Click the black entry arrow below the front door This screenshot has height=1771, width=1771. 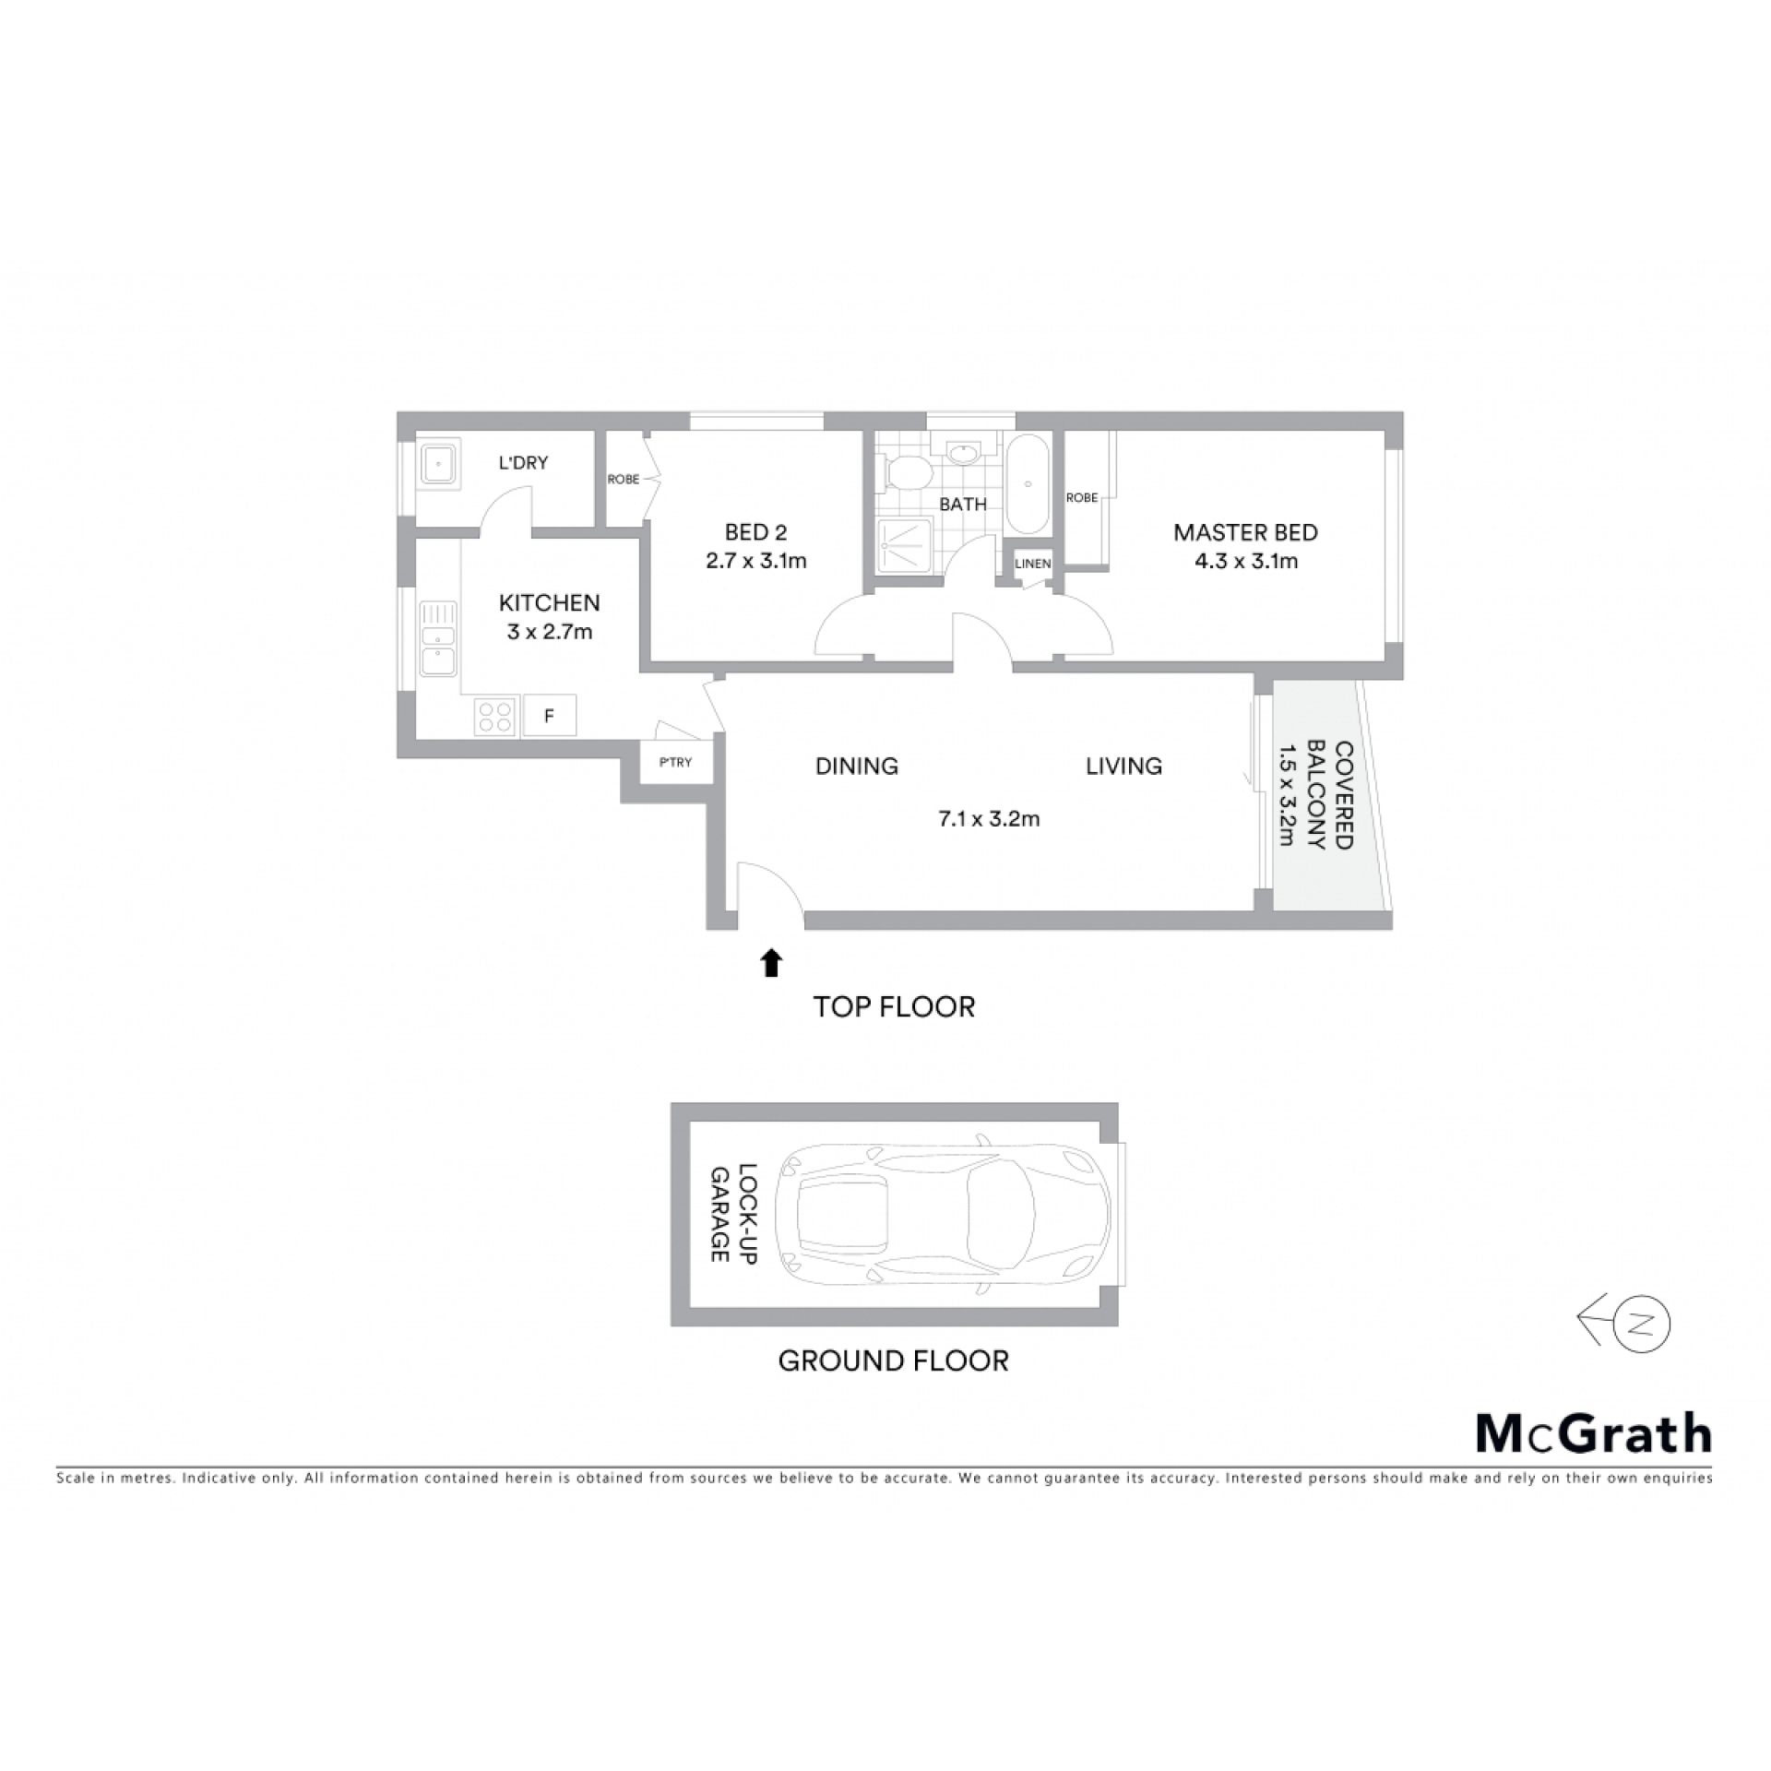click(771, 963)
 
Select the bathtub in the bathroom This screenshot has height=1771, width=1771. click(1026, 482)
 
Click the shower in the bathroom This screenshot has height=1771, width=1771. click(906, 546)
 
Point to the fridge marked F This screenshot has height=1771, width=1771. click(550, 715)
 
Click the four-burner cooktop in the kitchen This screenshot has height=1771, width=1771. click(495, 717)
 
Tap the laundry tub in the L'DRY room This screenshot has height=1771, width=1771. click(439, 464)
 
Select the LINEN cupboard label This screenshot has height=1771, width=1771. click(1032, 564)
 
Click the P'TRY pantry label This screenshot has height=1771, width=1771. click(675, 762)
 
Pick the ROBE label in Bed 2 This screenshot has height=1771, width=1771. click(624, 479)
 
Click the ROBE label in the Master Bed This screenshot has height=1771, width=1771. click(1082, 497)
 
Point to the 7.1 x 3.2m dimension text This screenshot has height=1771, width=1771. click(989, 818)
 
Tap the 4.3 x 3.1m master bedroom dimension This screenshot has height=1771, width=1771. click(1246, 561)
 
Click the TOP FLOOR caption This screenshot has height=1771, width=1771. click(894, 1006)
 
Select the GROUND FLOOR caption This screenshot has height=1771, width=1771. click(893, 1361)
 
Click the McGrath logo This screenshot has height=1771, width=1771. click(1594, 1432)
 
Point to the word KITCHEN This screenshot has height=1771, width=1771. click(549, 603)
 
